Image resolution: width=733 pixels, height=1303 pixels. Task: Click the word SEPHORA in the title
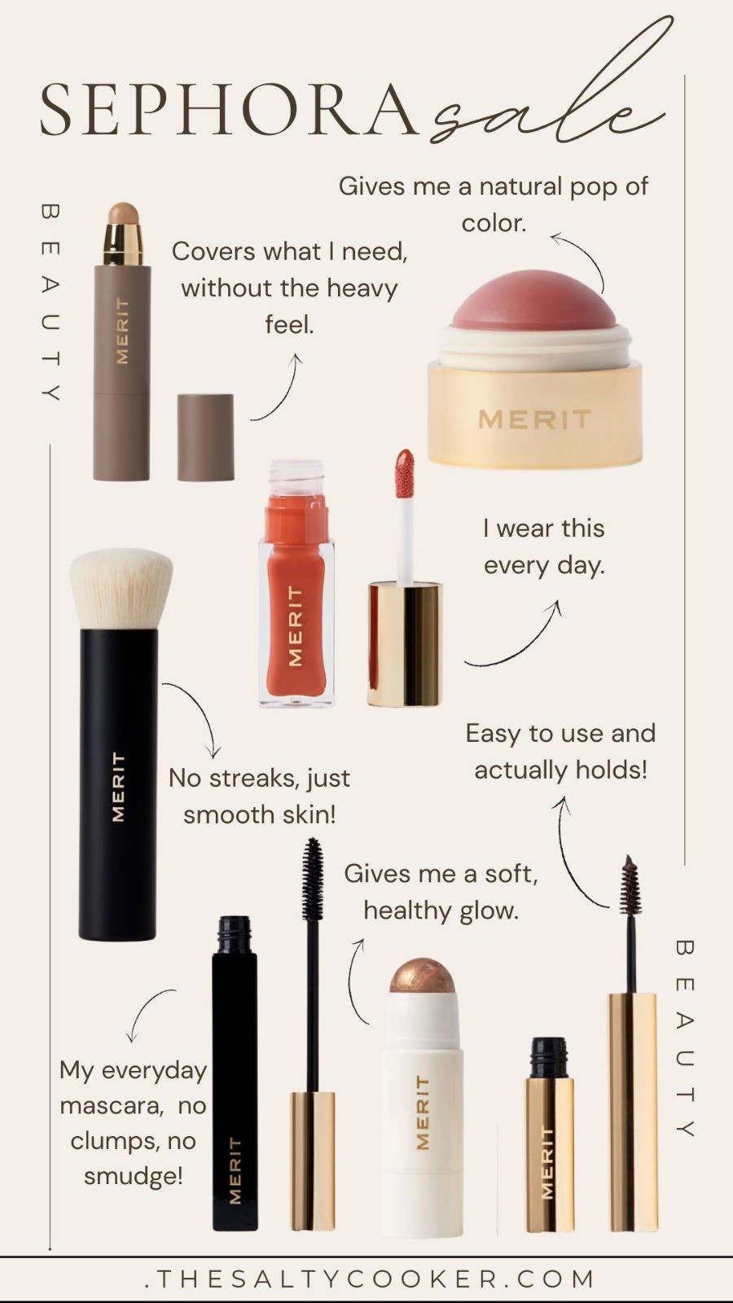(x=228, y=110)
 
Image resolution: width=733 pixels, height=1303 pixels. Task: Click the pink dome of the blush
(x=534, y=301)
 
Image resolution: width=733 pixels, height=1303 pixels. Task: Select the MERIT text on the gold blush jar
(x=534, y=419)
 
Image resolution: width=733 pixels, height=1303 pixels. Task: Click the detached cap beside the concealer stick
(x=205, y=437)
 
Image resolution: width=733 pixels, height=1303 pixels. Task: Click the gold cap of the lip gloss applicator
(x=404, y=643)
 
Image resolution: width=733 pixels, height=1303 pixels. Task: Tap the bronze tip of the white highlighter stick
(x=422, y=975)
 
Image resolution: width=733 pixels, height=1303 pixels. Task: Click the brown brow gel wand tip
(x=629, y=886)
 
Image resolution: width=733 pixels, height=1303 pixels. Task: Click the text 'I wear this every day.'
(x=544, y=546)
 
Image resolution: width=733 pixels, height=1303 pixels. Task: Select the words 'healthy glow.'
(x=441, y=910)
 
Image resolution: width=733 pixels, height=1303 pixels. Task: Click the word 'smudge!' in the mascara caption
(x=133, y=1176)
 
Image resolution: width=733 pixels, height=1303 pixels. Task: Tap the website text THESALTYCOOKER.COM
(x=371, y=1279)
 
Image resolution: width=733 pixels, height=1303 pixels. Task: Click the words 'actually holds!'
(x=560, y=770)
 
